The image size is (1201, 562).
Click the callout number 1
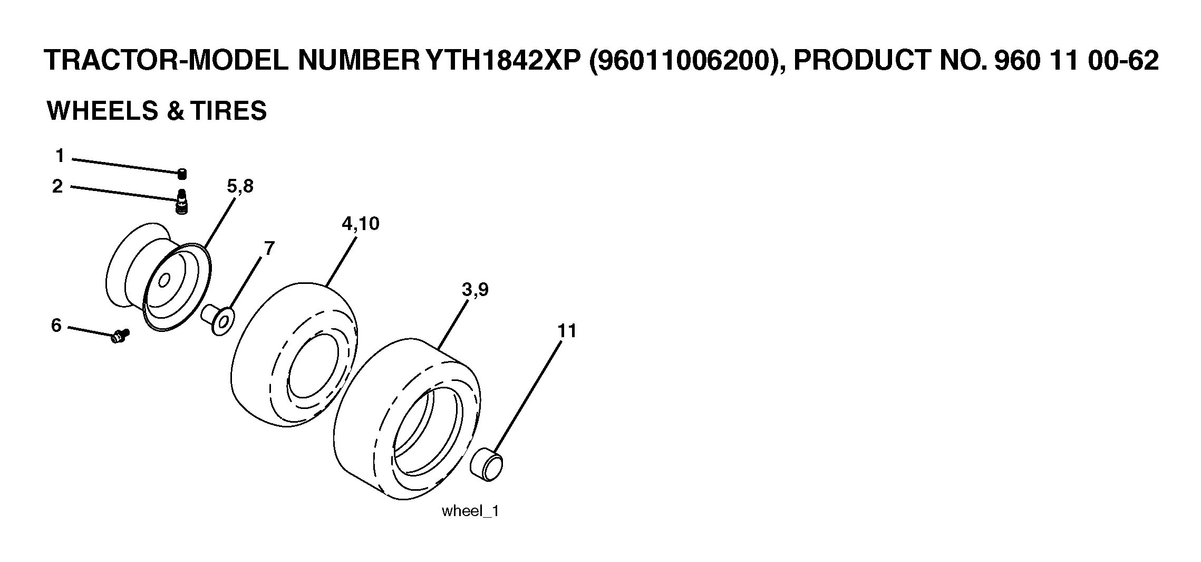coord(60,156)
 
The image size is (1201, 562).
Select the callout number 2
coord(57,186)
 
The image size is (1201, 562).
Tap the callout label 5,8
coord(240,186)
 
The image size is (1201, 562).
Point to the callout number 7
coord(269,248)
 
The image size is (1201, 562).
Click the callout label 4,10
coord(361,224)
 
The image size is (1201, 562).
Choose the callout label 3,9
coord(475,290)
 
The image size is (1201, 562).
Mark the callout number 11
coord(567,331)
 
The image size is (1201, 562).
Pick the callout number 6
coord(56,325)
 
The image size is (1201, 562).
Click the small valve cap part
coord(182,174)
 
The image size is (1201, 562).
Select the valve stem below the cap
coord(181,202)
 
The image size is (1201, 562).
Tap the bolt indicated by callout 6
coord(121,335)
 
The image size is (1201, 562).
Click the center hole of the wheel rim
coord(164,280)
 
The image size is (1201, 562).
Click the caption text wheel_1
coord(470,511)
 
